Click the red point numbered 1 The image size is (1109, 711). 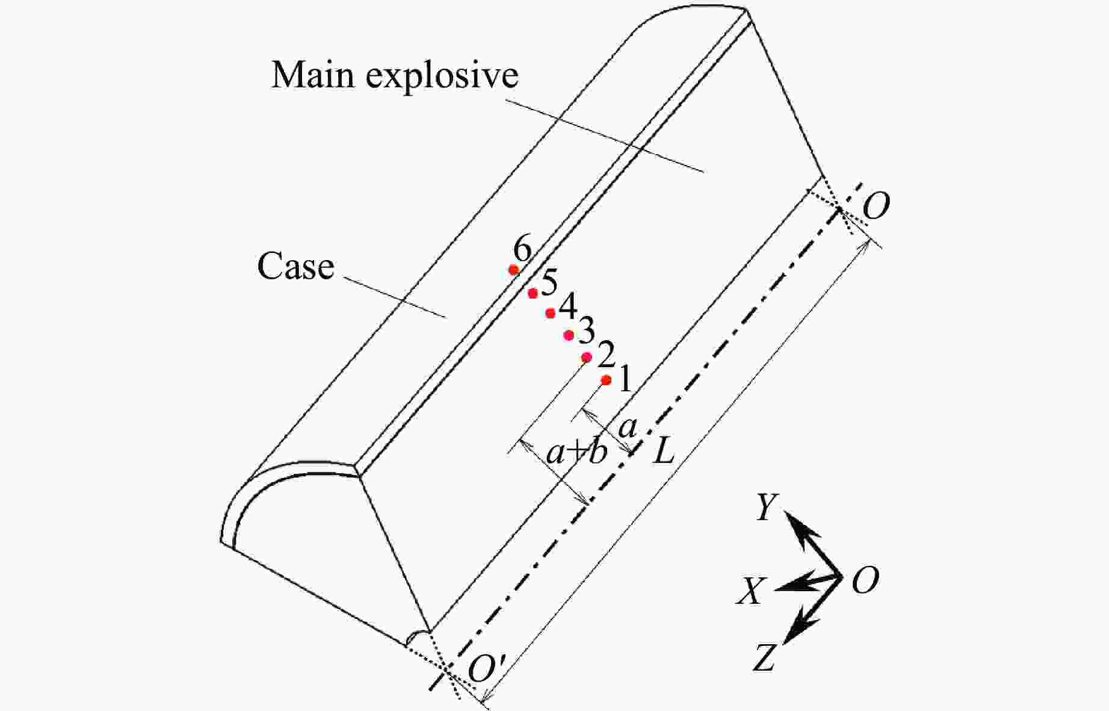(x=606, y=380)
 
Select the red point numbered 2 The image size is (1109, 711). (x=587, y=358)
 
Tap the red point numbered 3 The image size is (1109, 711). (x=569, y=335)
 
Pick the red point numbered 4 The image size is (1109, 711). (x=550, y=313)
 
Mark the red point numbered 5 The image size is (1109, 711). (x=533, y=293)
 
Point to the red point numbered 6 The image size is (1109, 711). (x=514, y=270)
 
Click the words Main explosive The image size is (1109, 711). (x=395, y=76)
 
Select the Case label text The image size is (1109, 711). (x=295, y=266)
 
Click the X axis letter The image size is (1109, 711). (x=750, y=591)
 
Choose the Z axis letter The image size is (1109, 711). (x=764, y=657)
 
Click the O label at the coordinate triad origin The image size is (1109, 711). (x=865, y=581)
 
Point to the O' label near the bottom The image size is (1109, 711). (x=489, y=668)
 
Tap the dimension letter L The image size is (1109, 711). (x=664, y=452)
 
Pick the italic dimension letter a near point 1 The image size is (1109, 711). (x=627, y=427)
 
